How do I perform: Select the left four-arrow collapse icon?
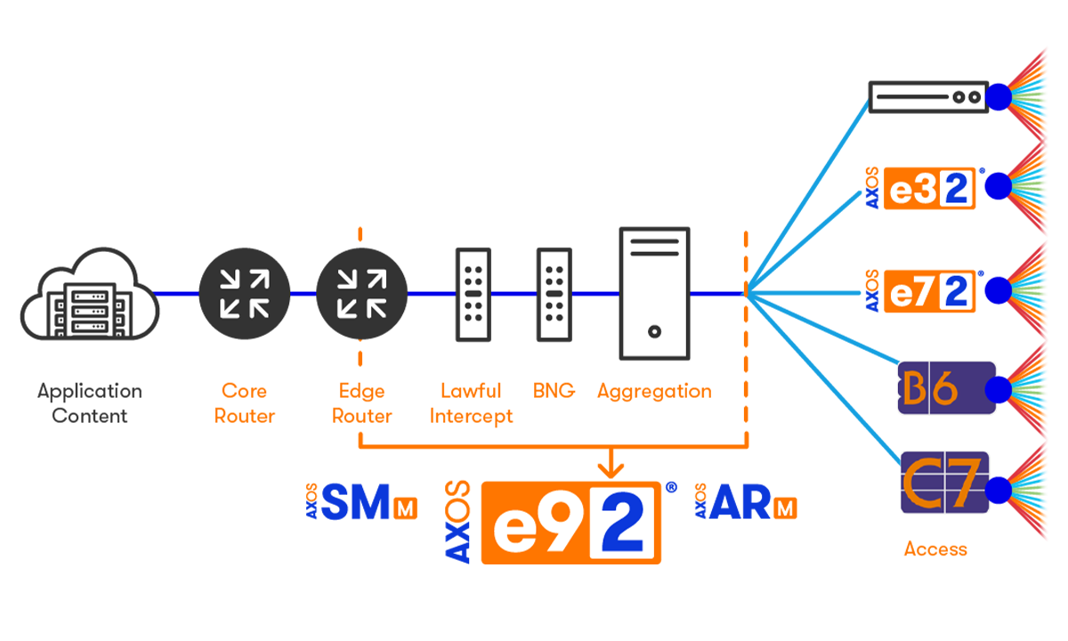click(x=245, y=293)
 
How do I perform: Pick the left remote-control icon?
click(x=473, y=295)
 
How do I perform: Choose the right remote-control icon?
click(x=554, y=295)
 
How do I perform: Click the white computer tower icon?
click(x=654, y=293)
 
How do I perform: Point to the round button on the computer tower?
click(x=654, y=332)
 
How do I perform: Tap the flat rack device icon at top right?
click(x=928, y=96)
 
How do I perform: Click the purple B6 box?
click(x=945, y=388)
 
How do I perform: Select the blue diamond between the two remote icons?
click(x=514, y=292)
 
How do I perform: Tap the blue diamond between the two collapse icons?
click(x=305, y=292)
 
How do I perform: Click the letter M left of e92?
click(x=405, y=510)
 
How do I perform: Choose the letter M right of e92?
click(x=785, y=510)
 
